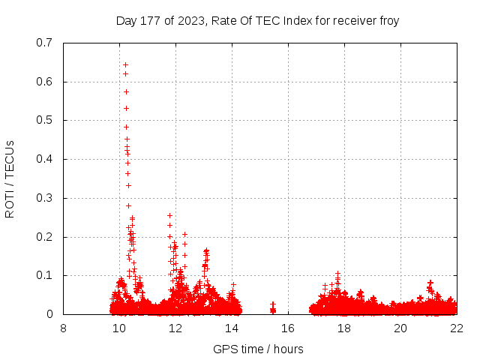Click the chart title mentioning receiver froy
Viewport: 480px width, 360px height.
pos(257,20)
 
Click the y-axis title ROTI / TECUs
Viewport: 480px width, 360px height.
pos(10,178)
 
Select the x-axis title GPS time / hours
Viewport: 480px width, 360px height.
pos(258,349)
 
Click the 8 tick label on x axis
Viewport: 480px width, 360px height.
pos(63,328)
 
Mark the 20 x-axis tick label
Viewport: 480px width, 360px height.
pos(400,328)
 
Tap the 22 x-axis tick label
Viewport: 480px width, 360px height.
pos(457,328)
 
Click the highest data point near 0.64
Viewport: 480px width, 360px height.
pos(125,64)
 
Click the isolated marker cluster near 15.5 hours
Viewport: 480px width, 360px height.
pos(273,309)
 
